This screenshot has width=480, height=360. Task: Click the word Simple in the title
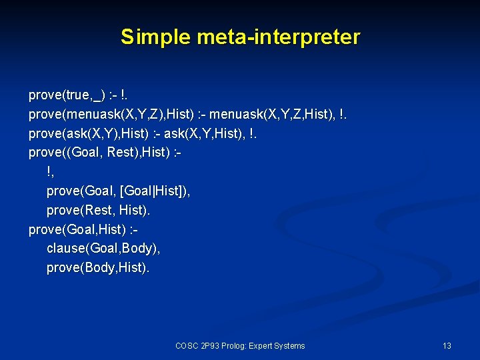click(x=155, y=37)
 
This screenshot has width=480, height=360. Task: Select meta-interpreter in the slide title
click(x=278, y=37)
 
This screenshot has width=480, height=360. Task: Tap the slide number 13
click(x=447, y=346)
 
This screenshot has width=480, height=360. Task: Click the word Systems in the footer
click(x=291, y=346)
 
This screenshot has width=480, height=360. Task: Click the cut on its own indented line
click(x=49, y=172)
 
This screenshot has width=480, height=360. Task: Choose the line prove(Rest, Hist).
click(x=98, y=211)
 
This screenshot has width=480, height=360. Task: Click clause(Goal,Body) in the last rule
click(x=103, y=249)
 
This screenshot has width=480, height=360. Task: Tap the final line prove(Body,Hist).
click(x=98, y=268)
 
